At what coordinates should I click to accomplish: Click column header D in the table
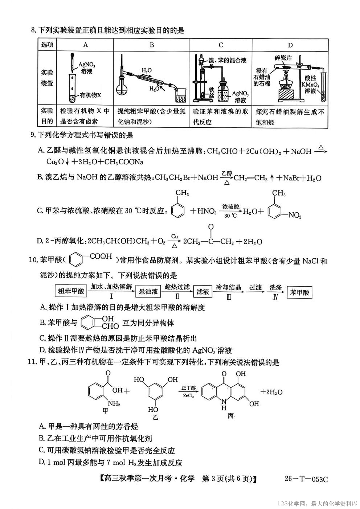tap(290, 45)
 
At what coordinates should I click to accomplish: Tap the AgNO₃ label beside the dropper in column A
tap(87, 67)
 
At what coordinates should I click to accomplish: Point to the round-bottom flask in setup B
tap(122, 87)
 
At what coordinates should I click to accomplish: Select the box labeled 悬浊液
tap(148, 291)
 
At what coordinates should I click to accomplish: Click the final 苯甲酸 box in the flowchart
tap(299, 292)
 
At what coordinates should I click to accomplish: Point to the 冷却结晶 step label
tap(229, 287)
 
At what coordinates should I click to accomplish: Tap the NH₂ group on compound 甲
tap(114, 403)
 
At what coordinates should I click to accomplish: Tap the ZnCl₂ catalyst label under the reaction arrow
tap(188, 396)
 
